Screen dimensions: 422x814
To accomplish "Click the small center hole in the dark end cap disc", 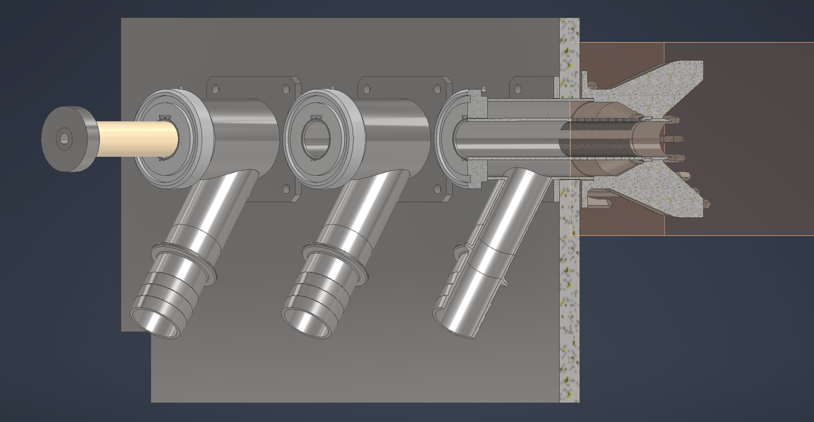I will (64, 139).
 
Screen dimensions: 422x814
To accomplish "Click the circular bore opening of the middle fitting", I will (315, 136).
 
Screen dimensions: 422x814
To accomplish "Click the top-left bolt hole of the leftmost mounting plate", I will (216, 89).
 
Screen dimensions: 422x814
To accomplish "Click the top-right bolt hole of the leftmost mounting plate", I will (286, 89).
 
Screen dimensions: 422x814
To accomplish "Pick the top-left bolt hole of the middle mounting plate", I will (368, 89).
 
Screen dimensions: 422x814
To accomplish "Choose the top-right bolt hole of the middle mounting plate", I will (436, 89).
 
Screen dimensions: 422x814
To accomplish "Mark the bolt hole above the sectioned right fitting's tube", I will (518, 89).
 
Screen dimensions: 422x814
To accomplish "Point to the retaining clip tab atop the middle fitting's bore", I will (315, 117).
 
